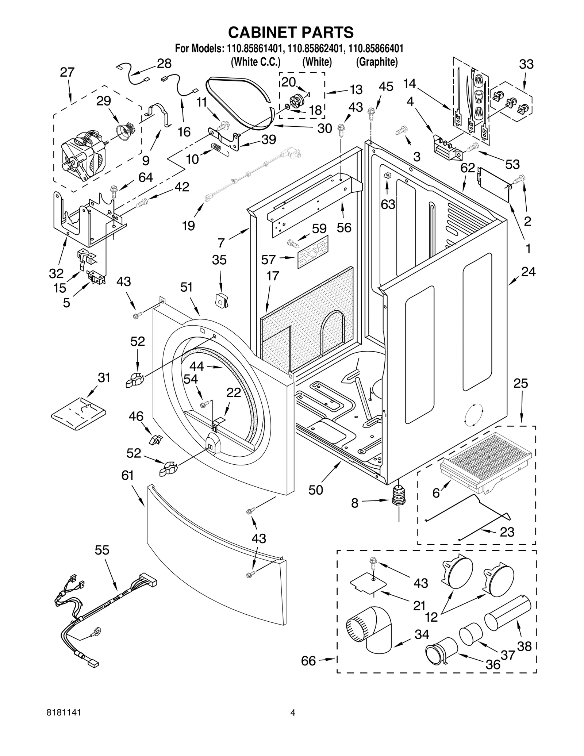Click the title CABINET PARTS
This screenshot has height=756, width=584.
pyautogui.click(x=291, y=32)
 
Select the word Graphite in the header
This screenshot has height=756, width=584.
pyautogui.click(x=377, y=62)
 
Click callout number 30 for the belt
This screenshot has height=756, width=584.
pyautogui.click(x=324, y=128)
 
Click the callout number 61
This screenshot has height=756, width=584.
pyautogui.click(x=127, y=475)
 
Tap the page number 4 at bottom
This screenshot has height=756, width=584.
pyautogui.click(x=292, y=723)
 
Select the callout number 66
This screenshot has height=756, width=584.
pyautogui.click(x=308, y=661)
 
